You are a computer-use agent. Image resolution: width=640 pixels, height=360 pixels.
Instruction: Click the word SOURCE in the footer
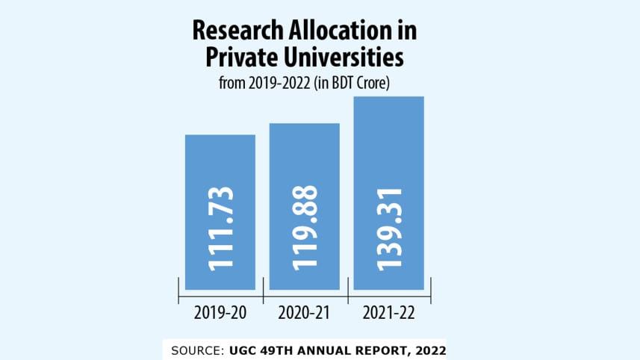(193, 350)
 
